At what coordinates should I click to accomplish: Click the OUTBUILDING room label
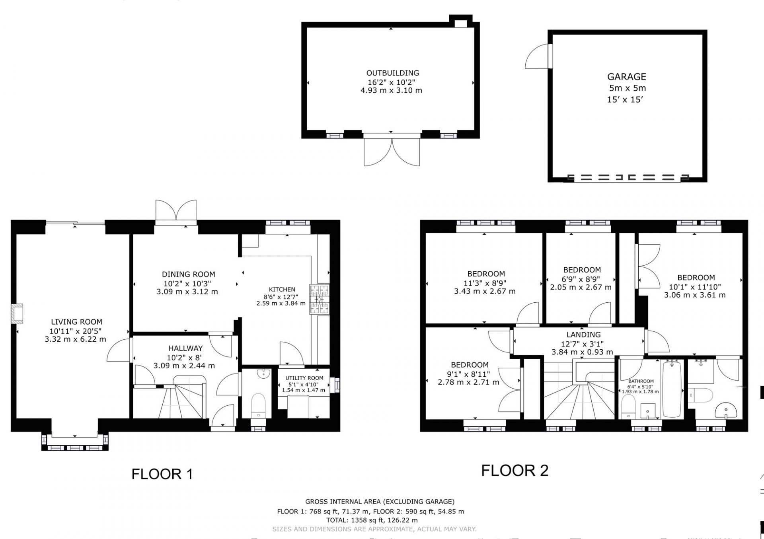pos(392,73)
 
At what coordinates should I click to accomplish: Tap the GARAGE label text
pos(627,77)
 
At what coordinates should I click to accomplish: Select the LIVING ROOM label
pos(76,322)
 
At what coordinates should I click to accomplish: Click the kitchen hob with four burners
pos(320,299)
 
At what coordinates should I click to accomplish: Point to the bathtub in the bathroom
pos(672,389)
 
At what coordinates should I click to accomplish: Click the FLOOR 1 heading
pos(162,474)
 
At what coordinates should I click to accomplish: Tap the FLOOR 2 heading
pos(515,471)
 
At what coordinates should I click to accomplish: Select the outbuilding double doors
pos(392,152)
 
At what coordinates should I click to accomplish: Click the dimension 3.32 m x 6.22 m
pos(76,339)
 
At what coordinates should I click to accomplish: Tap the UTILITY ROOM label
pos(304,378)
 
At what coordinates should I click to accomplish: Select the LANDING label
pos(584,335)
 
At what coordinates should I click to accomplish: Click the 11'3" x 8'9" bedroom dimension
pos(486,283)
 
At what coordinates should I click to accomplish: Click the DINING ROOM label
pos(188,274)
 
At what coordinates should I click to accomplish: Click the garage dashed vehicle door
pos(629,177)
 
